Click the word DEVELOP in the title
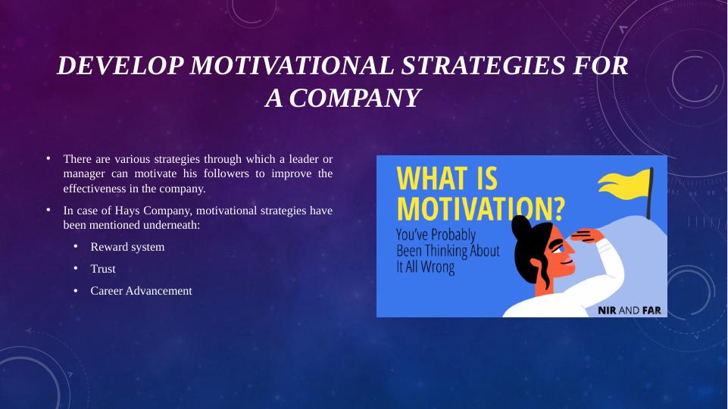click(x=120, y=65)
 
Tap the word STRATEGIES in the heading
click(x=483, y=65)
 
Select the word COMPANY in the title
click(x=355, y=98)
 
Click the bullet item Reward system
click(x=127, y=246)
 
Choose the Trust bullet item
click(x=102, y=269)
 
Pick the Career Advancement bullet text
click(x=141, y=291)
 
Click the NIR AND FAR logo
click(x=629, y=310)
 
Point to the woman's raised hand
click(x=587, y=236)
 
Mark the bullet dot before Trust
click(x=76, y=268)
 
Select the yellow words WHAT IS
click(x=447, y=178)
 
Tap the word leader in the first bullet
click(x=304, y=159)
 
